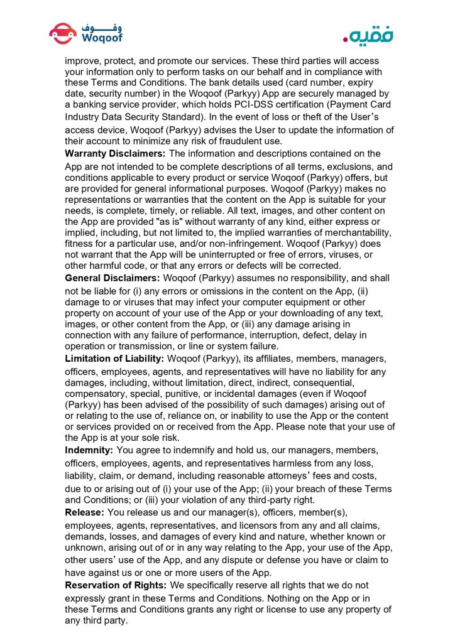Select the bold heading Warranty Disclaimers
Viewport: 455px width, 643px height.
116,153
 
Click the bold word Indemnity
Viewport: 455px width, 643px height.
90,450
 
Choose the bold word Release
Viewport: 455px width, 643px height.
85,512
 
